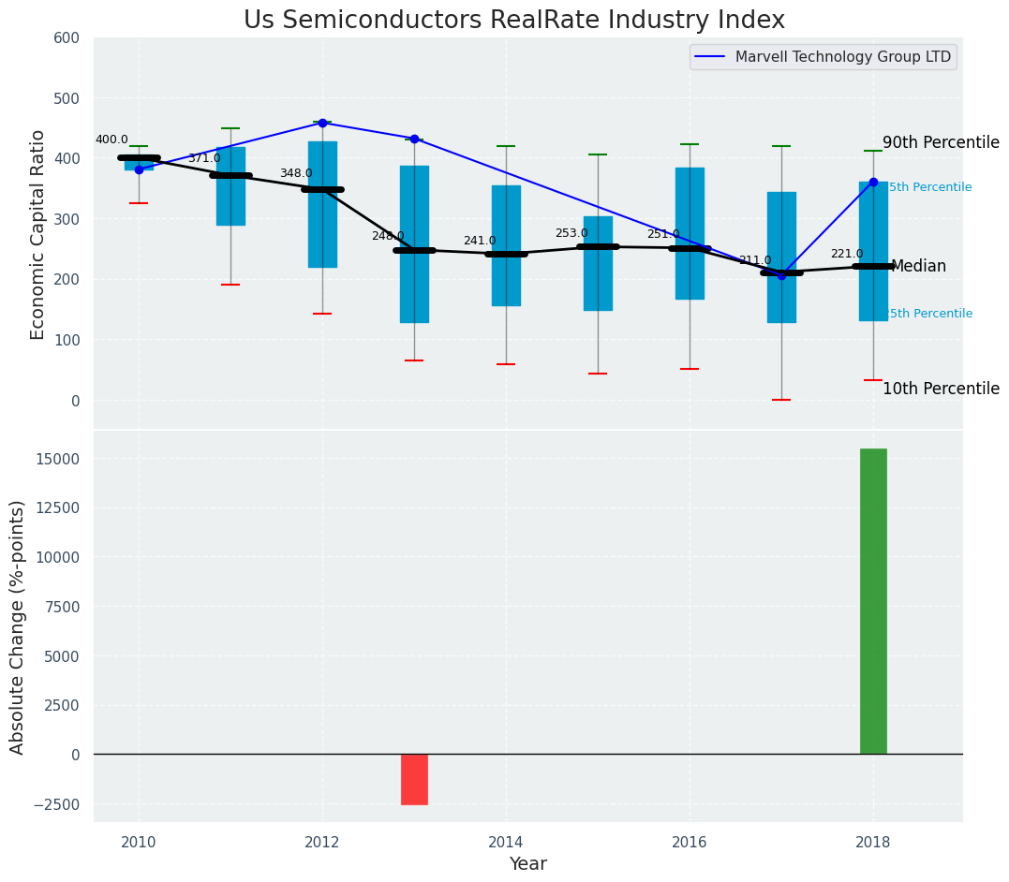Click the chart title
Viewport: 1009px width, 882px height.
(513, 21)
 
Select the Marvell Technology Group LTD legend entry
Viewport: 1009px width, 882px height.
(842, 57)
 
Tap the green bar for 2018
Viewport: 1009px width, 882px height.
(873, 601)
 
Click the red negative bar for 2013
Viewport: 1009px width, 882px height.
(414, 779)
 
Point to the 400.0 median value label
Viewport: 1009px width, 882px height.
(111, 140)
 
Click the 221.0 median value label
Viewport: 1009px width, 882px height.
(847, 254)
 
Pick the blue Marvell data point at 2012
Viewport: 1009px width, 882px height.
(322, 123)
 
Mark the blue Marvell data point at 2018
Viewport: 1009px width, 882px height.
(873, 183)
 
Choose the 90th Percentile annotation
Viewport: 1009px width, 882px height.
(941, 142)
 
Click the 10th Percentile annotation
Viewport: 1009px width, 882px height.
(941, 389)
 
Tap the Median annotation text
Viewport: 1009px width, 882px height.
(918, 266)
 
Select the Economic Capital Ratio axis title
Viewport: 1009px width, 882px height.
(38, 233)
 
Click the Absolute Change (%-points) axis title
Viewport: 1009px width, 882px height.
(18, 626)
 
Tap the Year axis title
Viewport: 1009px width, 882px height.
(527, 863)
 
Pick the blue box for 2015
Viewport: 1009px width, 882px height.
(598, 263)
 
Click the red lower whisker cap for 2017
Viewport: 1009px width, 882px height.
(781, 400)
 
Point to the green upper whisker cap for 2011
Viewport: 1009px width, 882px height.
(230, 128)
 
